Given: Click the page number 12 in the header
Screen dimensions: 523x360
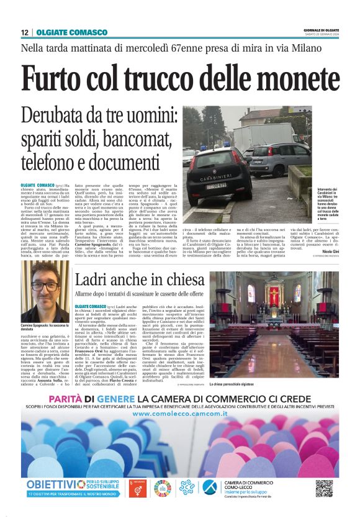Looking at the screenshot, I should coord(24,32).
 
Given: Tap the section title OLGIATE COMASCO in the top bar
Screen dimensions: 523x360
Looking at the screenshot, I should coord(63,32).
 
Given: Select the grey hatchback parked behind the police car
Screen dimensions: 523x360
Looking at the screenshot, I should coord(271,157).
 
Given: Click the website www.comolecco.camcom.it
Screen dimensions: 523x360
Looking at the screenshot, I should coord(179,413).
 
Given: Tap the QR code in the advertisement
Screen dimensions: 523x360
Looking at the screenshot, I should coord(323,488).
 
